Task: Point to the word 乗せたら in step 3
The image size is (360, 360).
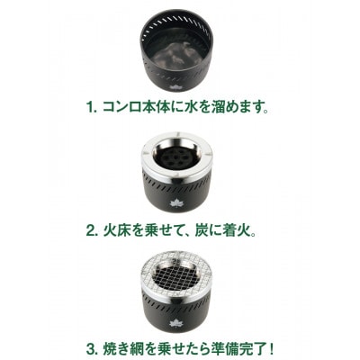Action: tap(175, 345)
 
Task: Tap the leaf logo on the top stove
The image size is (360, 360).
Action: tap(175, 85)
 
